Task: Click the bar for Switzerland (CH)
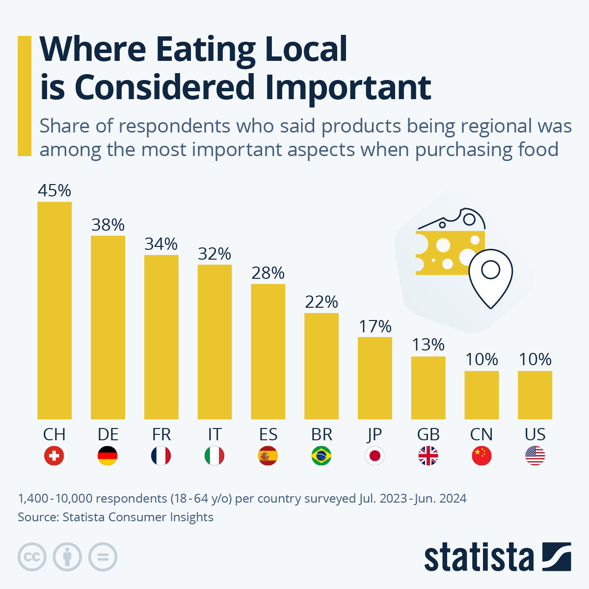coord(54,310)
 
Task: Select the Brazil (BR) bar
coord(321,366)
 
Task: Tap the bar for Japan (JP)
coord(375,378)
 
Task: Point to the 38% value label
coord(108,225)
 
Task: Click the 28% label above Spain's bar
coord(268,273)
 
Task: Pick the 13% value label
coord(428,345)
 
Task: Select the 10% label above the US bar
coord(535,359)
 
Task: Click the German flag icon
coord(107,456)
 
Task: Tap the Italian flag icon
coord(214,456)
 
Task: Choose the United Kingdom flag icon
coord(428,456)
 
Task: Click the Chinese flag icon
coord(482,456)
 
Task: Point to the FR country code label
coord(161,434)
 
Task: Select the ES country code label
coord(268,434)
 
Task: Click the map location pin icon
coord(490,277)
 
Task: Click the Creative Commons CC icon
coord(32,557)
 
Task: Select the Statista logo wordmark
coord(479,558)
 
